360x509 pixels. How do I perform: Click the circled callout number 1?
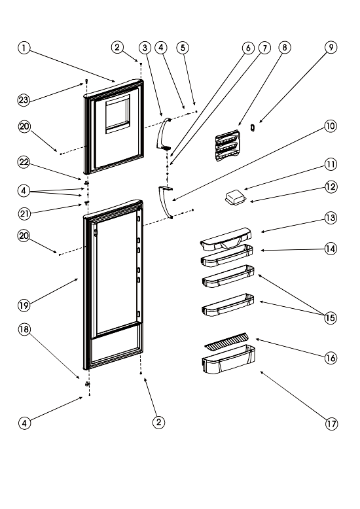pos(24,48)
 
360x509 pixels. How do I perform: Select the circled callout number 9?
pos(331,47)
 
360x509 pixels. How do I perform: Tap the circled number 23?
pos(24,99)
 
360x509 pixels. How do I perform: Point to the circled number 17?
pos(331,424)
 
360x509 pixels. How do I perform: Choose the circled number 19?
pos(24,305)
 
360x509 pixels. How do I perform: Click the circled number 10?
pos(331,126)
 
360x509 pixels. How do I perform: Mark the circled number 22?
pos(24,162)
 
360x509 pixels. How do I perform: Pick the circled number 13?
pos(331,218)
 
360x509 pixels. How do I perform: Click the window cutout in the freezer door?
pos(118,114)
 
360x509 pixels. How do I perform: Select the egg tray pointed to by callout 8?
pos(227,146)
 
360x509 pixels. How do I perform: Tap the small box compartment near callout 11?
pos(236,198)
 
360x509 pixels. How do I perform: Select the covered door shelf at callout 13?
pos(226,239)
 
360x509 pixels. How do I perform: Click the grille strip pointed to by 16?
pos(226,342)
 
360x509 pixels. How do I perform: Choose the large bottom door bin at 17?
pos(228,359)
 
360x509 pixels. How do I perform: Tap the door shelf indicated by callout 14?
pos(226,256)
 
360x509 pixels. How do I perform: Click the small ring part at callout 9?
pos(253,128)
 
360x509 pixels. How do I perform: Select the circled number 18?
pos(24,330)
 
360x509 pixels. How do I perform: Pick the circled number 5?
pos(183,48)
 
